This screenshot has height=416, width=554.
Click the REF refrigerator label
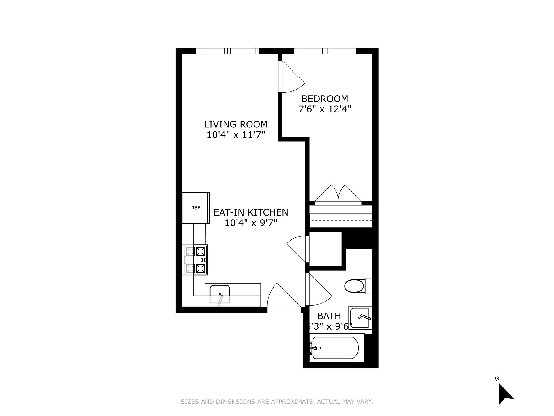coord(196,208)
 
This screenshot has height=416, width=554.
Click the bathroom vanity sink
coord(360,318)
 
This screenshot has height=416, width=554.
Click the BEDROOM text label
coord(325,99)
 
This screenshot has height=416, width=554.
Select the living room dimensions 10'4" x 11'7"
coord(236,135)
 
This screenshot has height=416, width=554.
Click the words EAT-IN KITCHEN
coord(251,212)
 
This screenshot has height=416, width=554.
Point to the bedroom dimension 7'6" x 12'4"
coord(325,109)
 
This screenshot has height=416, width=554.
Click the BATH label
coord(329,316)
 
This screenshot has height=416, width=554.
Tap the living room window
coord(227,51)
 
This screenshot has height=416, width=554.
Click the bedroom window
coord(325,51)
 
